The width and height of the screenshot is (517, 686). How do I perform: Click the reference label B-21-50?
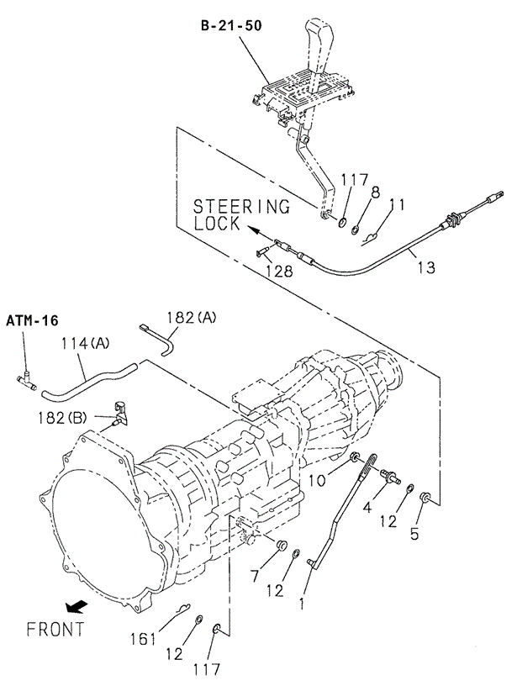pyautogui.click(x=230, y=26)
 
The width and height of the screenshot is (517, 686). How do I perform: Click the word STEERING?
pyautogui.click(x=241, y=206)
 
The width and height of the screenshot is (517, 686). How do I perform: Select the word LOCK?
pyautogui.click(x=217, y=224)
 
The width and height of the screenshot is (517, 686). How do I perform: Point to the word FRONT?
pyautogui.click(x=55, y=628)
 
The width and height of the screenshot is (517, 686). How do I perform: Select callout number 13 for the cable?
pyautogui.click(x=426, y=267)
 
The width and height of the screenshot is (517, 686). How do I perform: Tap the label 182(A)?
pyautogui.click(x=192, y=317)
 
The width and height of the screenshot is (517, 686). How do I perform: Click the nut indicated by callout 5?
pyautogui.click(x=427, y=498)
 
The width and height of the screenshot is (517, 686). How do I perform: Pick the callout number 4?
pyautogui.click(x=367, y=507)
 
